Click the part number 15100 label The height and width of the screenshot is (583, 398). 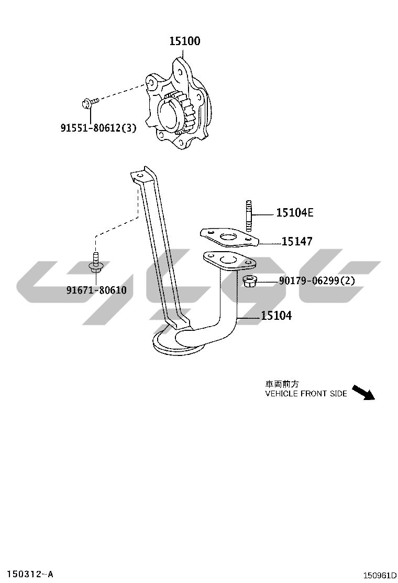(185, 41)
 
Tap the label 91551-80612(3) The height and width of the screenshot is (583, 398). (99, 128)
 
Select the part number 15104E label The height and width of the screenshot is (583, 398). (295, 213)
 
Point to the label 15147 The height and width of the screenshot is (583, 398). (297, 241)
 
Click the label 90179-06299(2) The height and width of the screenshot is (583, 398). (317, 280)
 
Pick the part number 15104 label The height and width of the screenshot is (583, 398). (277, 316)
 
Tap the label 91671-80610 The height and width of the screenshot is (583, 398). (96, 290)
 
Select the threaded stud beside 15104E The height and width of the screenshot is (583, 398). (249, 215)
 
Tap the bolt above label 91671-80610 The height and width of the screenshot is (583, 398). (96, 262)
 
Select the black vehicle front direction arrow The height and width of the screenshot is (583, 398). (363, 392)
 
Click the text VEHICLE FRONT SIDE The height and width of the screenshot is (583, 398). (306, 394)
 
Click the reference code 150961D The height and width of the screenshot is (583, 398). (380, 576)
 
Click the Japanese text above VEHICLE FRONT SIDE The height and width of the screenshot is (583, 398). (282, 384)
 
